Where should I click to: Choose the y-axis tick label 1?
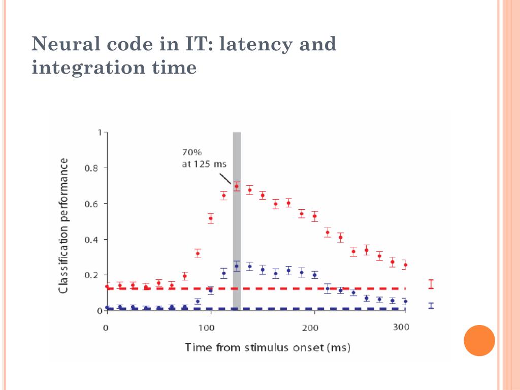click(100, 133)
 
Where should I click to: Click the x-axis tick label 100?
click(207, 328)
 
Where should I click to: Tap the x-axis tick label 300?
click(401, 327)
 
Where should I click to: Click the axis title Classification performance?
click(64, 225)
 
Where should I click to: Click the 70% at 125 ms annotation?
click(204, 158)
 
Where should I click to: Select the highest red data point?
click(236, 186)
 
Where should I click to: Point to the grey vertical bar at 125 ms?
click(237, 229)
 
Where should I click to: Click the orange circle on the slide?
click(479, 341)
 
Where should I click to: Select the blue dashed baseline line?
click(305, 309)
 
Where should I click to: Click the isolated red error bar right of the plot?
click(431, 284)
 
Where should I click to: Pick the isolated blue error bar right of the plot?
click(431, 306)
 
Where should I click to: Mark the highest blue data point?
click(236, 266)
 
